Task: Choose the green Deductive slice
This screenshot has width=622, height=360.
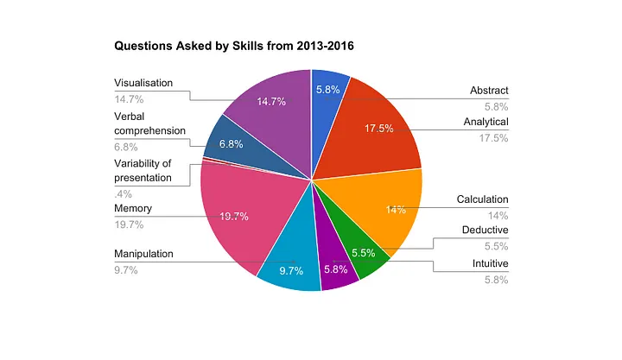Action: pos(363,255)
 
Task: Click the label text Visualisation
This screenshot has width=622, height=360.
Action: pos(143,83)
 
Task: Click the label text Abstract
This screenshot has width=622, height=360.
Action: pos(489,90)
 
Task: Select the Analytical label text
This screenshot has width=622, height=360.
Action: pos(486,122)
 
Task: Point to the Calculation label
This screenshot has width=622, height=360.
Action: pos(482,199)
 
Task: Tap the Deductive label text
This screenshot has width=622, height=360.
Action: pos(485,230)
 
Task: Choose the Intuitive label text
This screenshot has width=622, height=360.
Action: pos(490,262)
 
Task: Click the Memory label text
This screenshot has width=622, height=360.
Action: pos(133,209)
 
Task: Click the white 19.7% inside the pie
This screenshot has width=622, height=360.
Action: pos(233,217)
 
